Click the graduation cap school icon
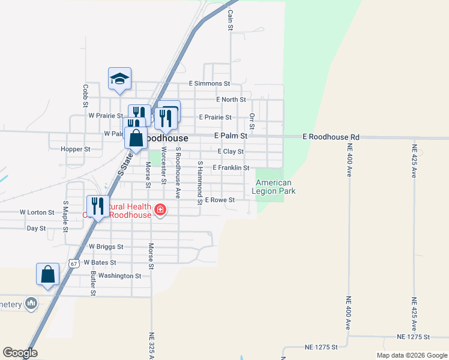[119, 79]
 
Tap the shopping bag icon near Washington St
[47, 275]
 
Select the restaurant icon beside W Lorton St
[98, 206]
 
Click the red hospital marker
[160, 209]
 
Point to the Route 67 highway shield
[73, 263]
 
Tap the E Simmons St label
[209, 83]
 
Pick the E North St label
[231, 100]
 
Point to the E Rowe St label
[219, 200]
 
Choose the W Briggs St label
[106, 247]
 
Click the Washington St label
[119, 276]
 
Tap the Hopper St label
[76, 149]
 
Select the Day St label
[37, 229]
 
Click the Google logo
[20, 353]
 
